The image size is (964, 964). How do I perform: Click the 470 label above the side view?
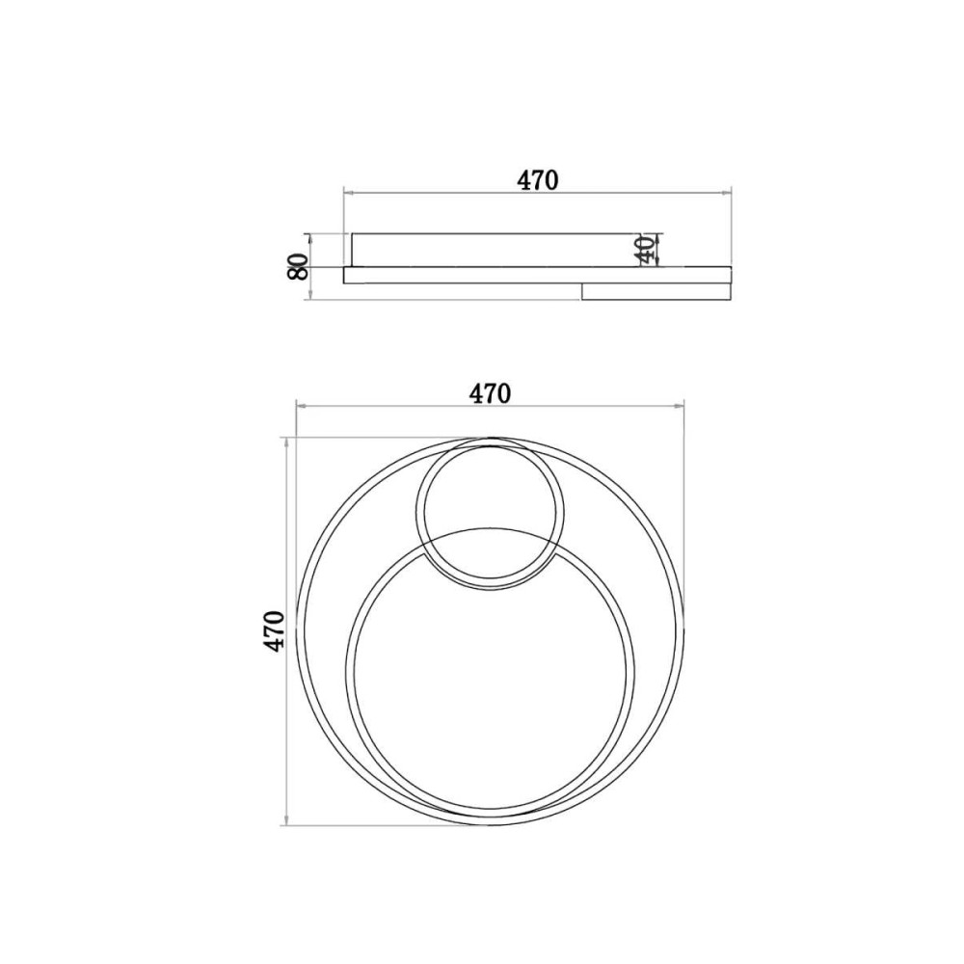coord(537,179)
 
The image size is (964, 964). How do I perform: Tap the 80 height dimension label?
coord(298,267)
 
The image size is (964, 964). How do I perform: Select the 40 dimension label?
coord(644,250)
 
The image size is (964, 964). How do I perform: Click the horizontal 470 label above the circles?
coord(490,393)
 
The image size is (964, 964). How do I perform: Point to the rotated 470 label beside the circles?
coord(274,630)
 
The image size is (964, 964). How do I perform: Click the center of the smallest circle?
coord(490,514)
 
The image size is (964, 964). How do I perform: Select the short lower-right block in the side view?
coord(656,291)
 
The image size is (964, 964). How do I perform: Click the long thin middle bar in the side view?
coord(537,275)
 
